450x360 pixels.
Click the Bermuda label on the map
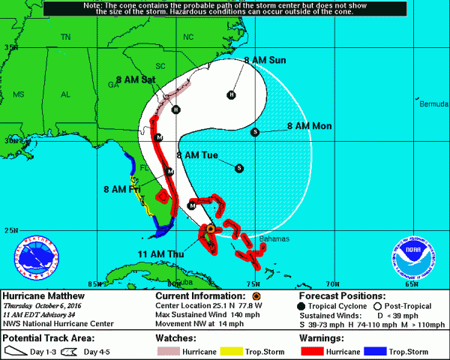(x=433, y=103)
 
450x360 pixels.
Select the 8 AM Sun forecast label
(x=265, y=60)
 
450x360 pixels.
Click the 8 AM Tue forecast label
(x=196, y=155)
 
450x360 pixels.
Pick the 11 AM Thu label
(x=160, y=255)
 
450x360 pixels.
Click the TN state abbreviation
(x=65, y=37)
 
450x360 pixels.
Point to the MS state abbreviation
(x=19, y=94)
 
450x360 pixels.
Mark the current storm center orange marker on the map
(x=211, y=228)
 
